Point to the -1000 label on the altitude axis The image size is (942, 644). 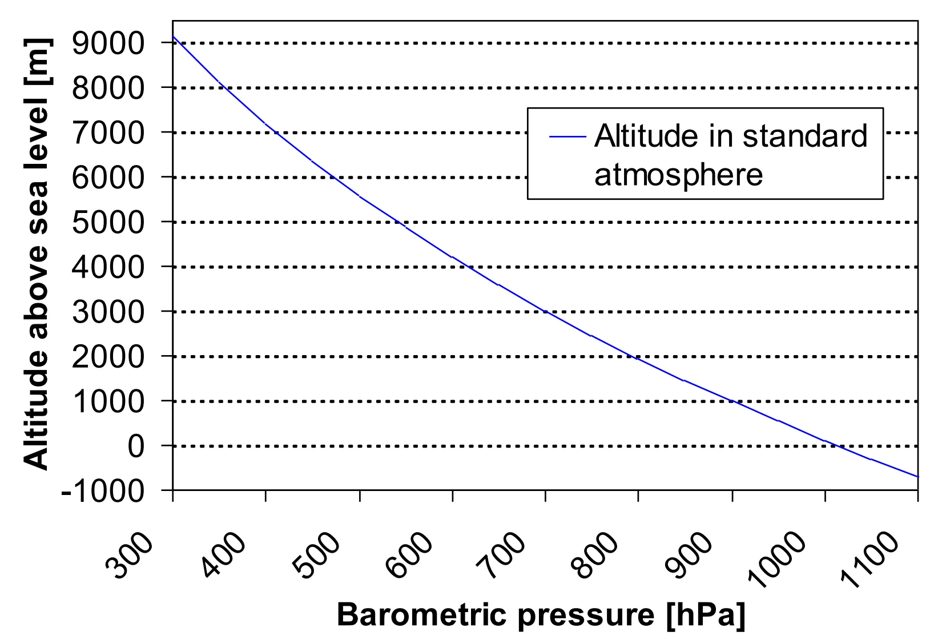point(103,490)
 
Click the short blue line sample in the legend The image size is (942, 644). point(567,136)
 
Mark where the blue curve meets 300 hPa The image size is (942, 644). point(173,37)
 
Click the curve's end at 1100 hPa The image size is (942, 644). point(917,476)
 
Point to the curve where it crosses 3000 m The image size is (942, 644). point(546,312)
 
